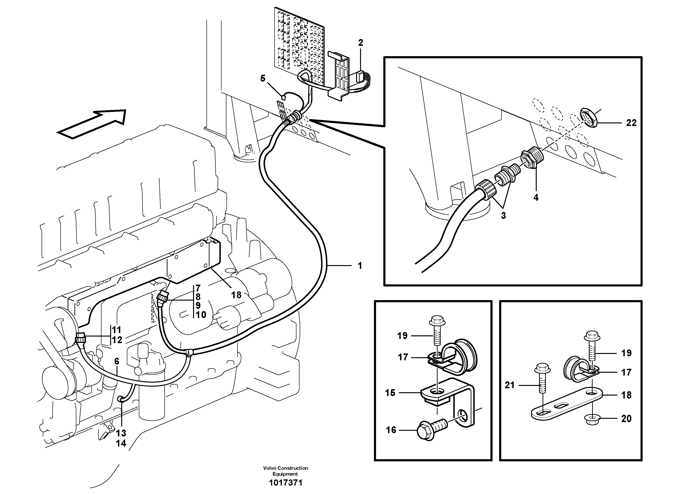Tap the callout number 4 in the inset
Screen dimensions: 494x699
pyautogui.click(x=536, y=197)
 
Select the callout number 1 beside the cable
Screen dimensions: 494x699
pyautogui.click(x=360, y=266)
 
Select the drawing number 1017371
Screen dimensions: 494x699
pyautogui.click(x=285, y=483)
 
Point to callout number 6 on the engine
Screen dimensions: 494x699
pyautogui.click(x=117, y=361)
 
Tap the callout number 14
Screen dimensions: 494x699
pyautogui.click(x=121, y=443)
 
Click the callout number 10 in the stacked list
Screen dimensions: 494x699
pyautogui.click(x=201, y=315)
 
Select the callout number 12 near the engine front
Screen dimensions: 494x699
pyautogui.click(x=117, y=340)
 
